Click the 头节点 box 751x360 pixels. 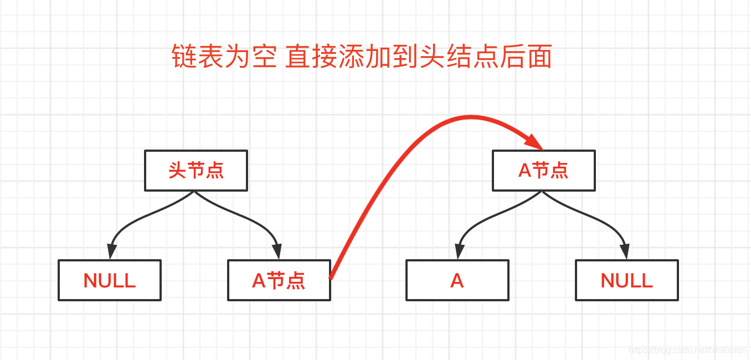(x=196, y=171)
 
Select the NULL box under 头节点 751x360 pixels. (x=110, y=280)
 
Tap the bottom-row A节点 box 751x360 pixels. (x=279, y=280)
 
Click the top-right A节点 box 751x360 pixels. (x=543, y=171)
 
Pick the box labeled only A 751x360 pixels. (x=457, y=280)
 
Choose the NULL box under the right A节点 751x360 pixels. (x=627, y=280)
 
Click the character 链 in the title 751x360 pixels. (x=185, y=56)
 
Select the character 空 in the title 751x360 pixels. (x=265, y=56)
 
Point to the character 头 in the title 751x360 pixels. (x=431, y=56)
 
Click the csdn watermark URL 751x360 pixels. (x=687, y=350)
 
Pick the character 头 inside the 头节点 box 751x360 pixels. (x=177, y=171)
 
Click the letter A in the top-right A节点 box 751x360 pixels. (x=524, y=171)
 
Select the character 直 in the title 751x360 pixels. (x=298, y=56)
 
